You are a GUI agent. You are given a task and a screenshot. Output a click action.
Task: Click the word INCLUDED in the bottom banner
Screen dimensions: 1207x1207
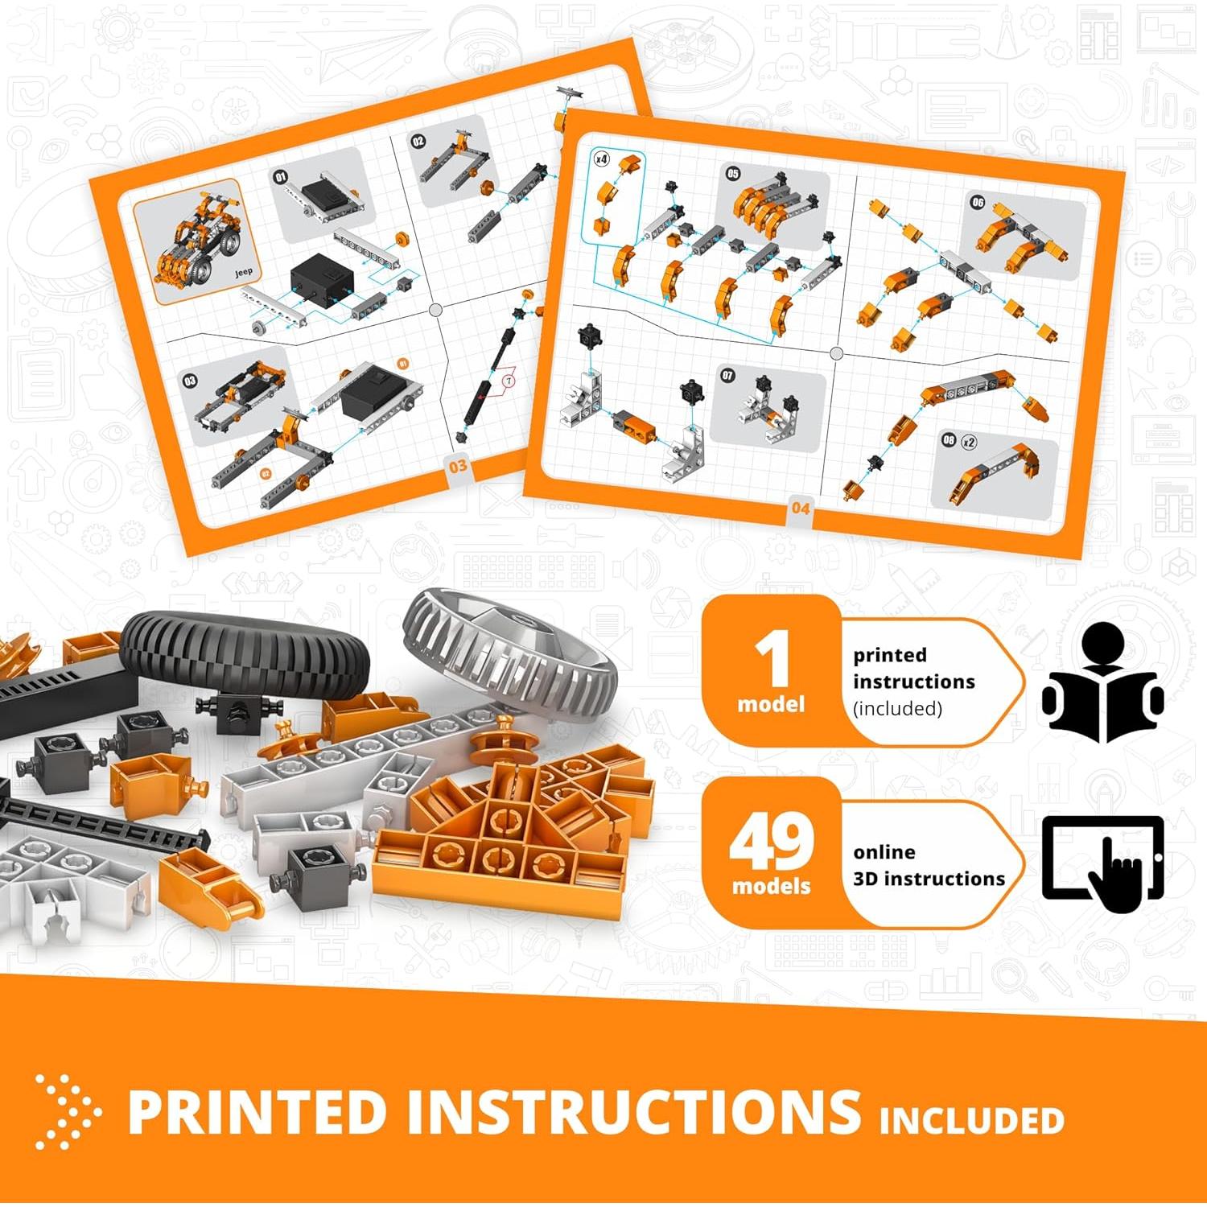971,1120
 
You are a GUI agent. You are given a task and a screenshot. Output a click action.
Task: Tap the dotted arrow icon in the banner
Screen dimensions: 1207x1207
68,1111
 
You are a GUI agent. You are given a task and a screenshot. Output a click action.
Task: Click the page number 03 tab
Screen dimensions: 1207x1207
458,466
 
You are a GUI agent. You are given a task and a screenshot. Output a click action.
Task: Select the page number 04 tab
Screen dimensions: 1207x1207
800,508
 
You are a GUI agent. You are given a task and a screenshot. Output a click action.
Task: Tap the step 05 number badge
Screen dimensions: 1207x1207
732,174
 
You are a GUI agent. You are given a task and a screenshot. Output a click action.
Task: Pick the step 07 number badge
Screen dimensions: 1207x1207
727,375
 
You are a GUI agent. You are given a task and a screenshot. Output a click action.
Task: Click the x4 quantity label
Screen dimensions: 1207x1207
601,159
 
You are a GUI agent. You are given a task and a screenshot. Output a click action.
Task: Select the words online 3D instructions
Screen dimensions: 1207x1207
929,865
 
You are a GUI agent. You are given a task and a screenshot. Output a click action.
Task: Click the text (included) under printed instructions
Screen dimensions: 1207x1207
897,709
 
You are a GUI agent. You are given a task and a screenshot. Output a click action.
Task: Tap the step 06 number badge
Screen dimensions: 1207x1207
977,202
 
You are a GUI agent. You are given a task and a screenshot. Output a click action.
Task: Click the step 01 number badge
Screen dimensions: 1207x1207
280,177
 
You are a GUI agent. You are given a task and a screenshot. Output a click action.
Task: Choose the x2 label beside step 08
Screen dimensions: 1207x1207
969,442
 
